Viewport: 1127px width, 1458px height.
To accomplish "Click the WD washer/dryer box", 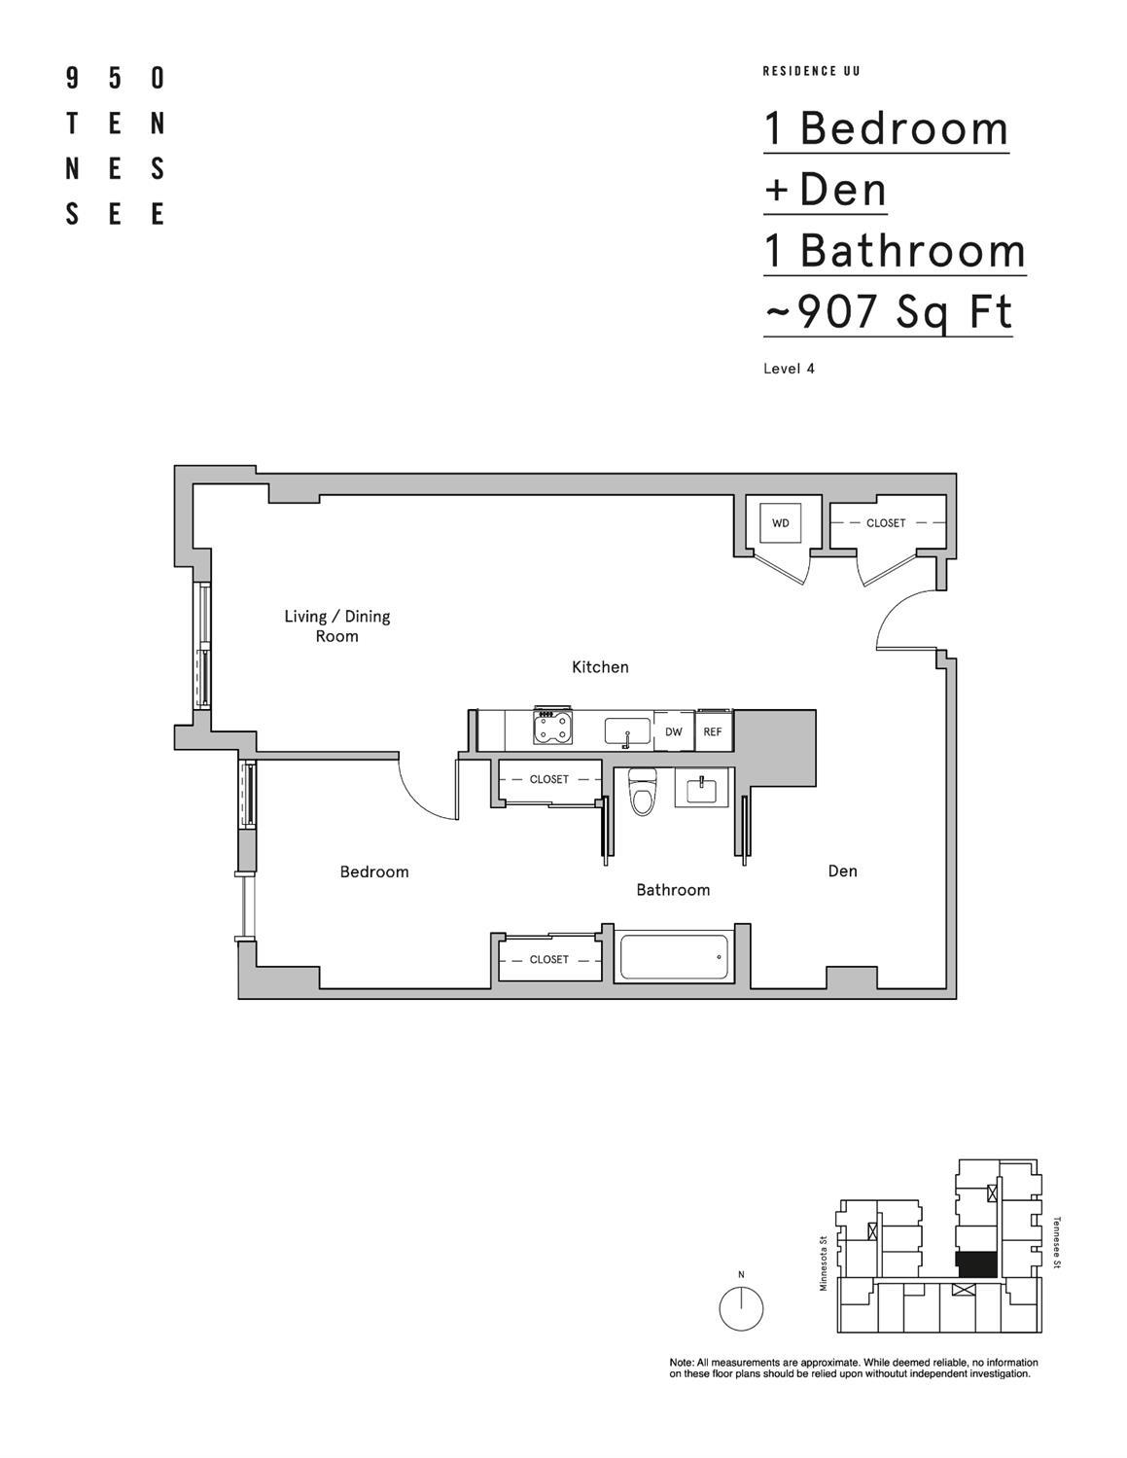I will [x=780, y=523].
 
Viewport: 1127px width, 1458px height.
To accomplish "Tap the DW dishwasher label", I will [x=673, y=731].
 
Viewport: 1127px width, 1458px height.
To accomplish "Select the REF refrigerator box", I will [x=713, y=731].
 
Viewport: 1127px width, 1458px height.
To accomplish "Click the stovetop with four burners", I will [x=552, y=727].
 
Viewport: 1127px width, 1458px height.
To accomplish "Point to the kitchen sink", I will [x=628, y=730].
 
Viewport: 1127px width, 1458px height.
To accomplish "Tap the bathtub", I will [x=674, y=958].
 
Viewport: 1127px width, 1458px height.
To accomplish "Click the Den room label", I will [x=842, y=871].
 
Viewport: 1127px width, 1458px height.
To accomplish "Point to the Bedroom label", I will [x=374, y=871].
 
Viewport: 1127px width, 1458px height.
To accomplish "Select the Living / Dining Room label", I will [x=336, y=625].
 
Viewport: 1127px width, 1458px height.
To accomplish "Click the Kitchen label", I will [x=600, y=666].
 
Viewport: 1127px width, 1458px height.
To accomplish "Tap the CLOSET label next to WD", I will [x=885, y=523].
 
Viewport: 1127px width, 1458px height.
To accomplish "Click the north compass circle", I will [x=741, y=1308].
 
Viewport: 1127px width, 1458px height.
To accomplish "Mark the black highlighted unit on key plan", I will [x=976, y=1264].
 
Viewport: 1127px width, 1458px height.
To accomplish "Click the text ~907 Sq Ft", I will [x=888, y=312].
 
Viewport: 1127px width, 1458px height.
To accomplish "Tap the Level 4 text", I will [x=789, y=369].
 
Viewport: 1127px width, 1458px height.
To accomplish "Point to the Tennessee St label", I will [x=1056, y=1242].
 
